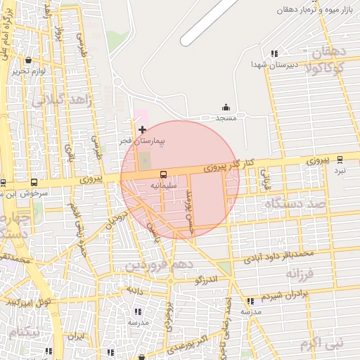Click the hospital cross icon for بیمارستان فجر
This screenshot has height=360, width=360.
point(143,129)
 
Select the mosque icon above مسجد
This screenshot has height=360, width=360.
point(226,107)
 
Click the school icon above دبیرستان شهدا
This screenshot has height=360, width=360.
point(274,53)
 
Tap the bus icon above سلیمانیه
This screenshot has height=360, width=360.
point(163,174)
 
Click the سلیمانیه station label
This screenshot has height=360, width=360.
point(163,185)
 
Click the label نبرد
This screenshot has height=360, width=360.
point(340,170)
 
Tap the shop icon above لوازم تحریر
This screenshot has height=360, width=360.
point(28,60)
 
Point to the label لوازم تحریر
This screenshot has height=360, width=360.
point(28,72)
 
